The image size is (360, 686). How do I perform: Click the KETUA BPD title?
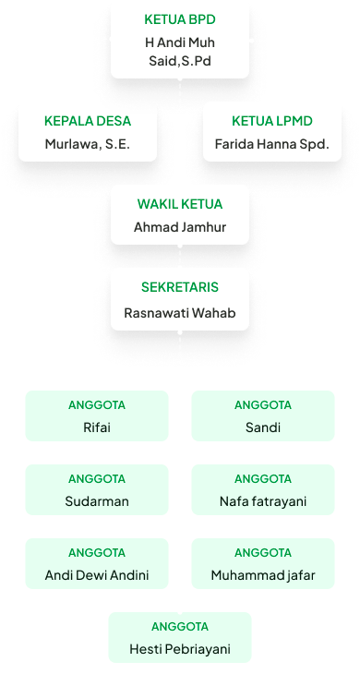179,18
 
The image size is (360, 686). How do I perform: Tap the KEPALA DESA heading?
88,121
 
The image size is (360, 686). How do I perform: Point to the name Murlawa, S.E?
88,144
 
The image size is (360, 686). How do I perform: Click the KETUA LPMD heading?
271,121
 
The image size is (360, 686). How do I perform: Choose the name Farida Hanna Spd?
271,144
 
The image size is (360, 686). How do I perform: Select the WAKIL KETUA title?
179,204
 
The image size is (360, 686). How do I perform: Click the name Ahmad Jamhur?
179,227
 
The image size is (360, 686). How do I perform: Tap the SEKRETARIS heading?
179,287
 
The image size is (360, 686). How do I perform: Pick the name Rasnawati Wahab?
179,313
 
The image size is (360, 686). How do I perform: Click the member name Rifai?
97,427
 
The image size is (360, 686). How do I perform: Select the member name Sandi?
263,427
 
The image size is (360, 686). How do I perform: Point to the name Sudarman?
97,501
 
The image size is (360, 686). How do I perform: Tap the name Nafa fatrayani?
263,501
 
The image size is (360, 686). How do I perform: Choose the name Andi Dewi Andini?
97,575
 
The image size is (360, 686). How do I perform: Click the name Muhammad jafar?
263,575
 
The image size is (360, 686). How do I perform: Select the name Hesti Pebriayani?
179,649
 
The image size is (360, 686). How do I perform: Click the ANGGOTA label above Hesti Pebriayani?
179,626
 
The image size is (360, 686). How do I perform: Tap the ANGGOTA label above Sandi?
263,404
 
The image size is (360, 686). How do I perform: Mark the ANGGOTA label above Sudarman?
97,478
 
